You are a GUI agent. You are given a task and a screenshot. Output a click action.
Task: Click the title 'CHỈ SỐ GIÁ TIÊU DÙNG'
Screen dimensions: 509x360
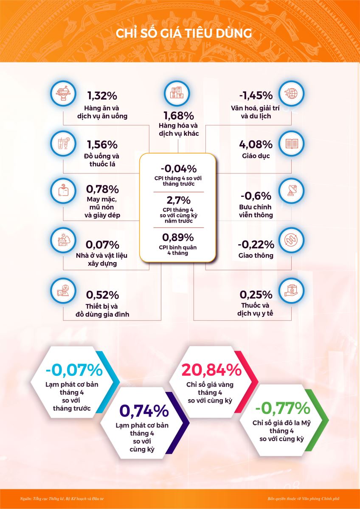pos(184,34)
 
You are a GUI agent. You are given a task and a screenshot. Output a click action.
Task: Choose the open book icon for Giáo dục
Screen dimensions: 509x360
pos(292,143)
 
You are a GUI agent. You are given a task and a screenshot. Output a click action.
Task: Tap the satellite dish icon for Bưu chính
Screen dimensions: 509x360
pos(292,191)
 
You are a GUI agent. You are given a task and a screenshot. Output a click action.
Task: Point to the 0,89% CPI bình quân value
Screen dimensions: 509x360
pos(178,237)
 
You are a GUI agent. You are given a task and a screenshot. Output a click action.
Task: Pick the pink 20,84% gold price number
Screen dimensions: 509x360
pos(211,370)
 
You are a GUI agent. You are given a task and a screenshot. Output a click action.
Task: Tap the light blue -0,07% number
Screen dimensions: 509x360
pos(74,370)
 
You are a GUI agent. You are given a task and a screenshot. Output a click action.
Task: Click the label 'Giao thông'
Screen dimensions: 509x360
pos(256,256)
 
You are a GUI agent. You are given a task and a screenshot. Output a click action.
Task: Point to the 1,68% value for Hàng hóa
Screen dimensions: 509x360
pos(179,115)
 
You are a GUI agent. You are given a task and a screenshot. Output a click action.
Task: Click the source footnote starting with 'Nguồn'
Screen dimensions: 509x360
pos(62,498)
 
